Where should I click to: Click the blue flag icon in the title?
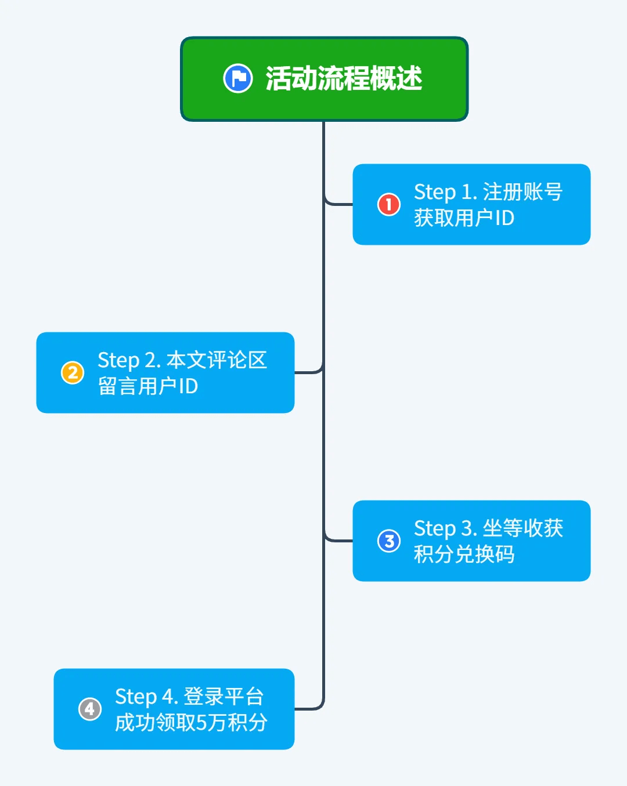pos(237,78)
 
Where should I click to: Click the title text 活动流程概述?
pos(344,78)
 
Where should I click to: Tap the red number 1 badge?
pos(389,204)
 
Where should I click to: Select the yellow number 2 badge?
pos(73,372)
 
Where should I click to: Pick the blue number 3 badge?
pos(389,541)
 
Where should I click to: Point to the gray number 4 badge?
pos(90,709)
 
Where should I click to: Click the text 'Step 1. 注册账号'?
pos(488,191)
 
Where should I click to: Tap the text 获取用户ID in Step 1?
pos(464,218)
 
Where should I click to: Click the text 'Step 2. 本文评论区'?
pos(182,360)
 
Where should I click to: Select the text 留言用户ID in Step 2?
pos(148,386)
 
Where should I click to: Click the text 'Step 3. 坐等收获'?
pos(488,528)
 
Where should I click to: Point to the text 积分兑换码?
pos(464,555)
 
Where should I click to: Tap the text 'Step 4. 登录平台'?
pos(189,696)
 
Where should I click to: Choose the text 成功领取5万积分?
pos(191,723)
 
